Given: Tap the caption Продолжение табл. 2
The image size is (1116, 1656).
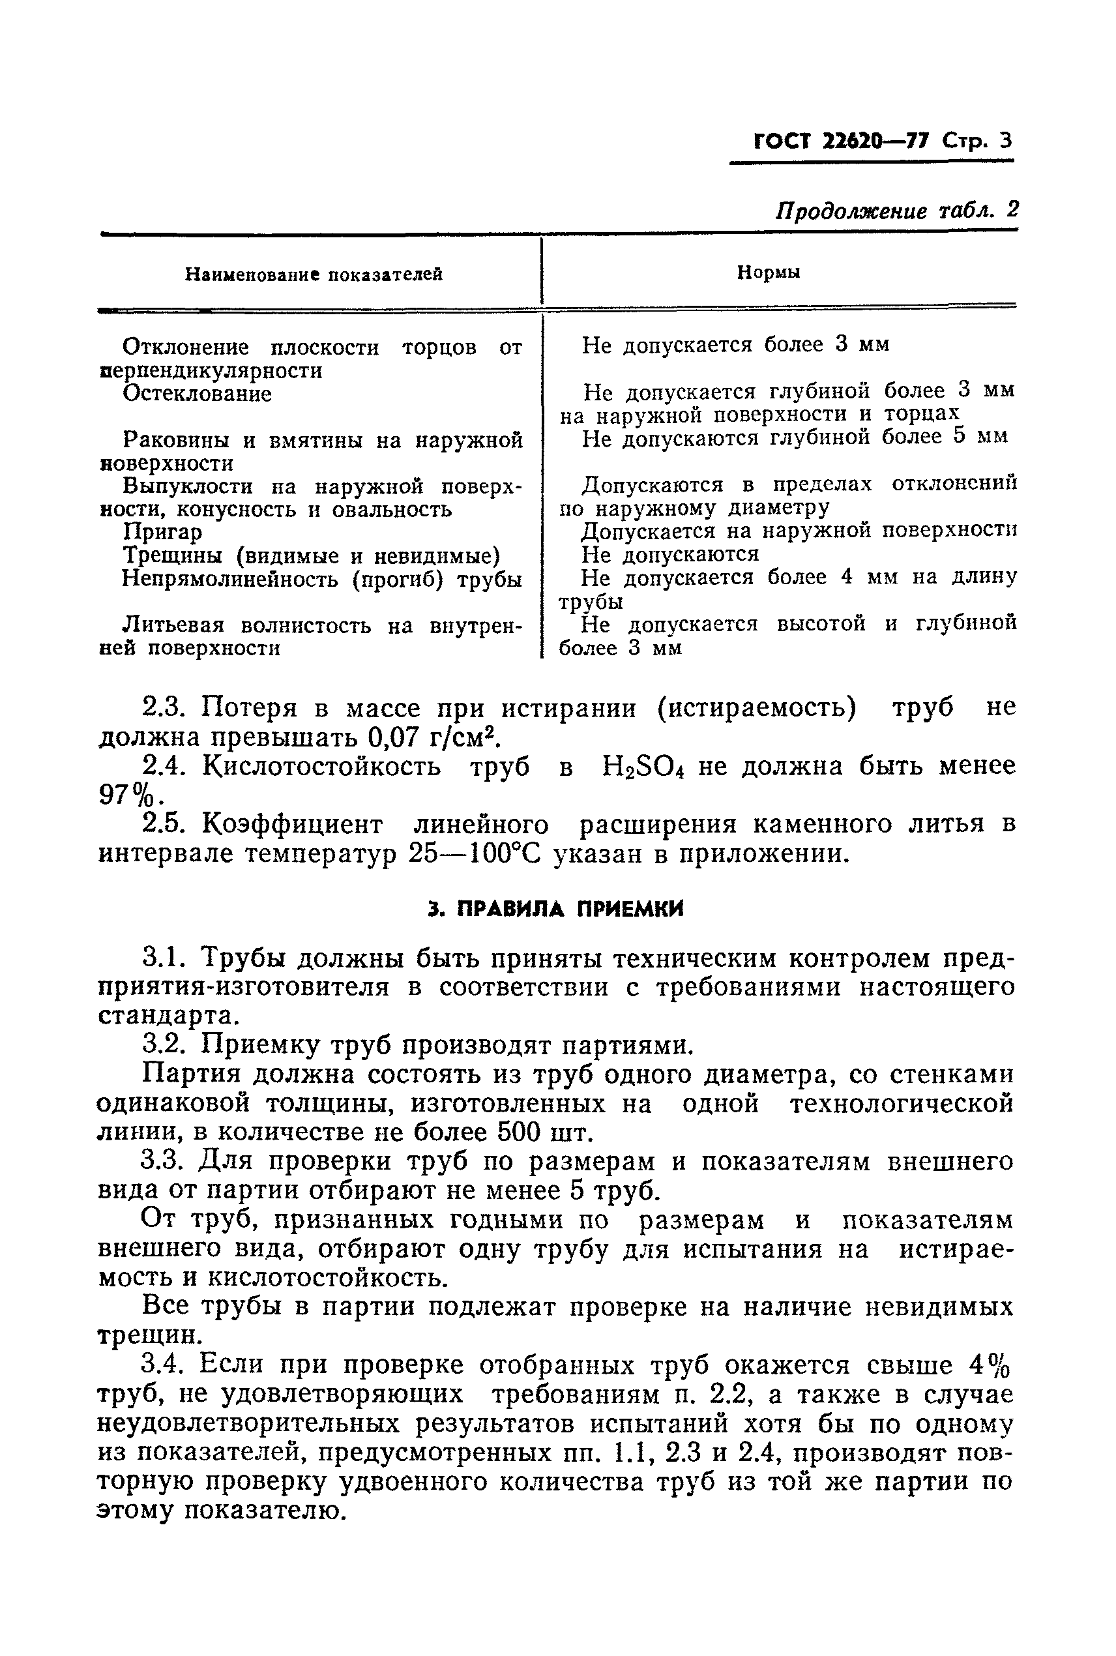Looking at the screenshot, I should click(x=896, y=211).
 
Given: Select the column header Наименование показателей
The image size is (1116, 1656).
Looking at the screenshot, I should click(x=314, y=274).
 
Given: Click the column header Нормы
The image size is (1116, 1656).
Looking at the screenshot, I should click(x=768, y=273).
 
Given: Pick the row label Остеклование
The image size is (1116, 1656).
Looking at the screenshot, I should click(x=197, y=394).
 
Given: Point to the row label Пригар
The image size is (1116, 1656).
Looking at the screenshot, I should click(x=162, y=531).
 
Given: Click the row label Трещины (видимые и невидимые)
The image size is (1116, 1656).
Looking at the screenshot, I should click(x=311, y=555).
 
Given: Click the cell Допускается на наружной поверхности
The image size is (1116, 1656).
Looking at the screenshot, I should click(x=799, y=531).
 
